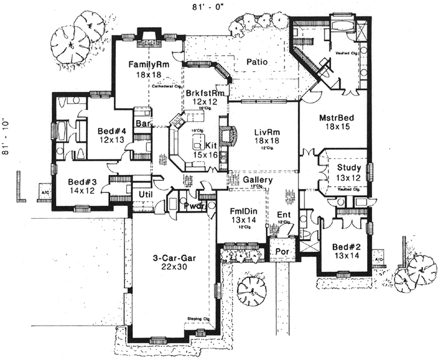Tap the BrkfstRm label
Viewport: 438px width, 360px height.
tap(205, 94)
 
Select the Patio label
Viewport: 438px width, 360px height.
tap(257, 62)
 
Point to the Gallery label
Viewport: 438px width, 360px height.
tap(257, 180)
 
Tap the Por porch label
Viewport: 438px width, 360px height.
tap(281, 250)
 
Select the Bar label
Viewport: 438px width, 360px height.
tap(142, 123)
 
